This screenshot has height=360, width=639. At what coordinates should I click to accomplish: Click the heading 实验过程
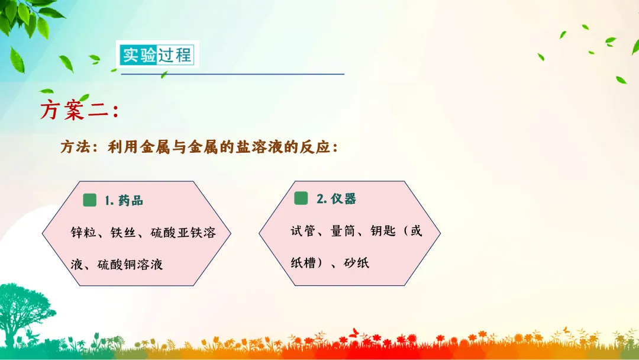pos(157,54)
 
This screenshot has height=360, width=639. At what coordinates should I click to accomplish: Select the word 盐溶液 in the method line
pos(259,147)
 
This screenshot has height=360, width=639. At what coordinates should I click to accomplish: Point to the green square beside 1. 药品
pos(90,200)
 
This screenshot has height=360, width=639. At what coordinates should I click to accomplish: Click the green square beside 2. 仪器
pos(301,198)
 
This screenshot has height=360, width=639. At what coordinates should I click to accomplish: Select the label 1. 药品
pos(124,201)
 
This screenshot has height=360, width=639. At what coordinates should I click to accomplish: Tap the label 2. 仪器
pos(336,199)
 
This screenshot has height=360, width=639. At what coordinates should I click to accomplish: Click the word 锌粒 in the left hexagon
pos(83,232)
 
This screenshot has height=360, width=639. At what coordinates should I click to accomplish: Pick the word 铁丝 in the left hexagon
pos(123,232)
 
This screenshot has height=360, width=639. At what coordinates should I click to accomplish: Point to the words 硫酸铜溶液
pos(130,265)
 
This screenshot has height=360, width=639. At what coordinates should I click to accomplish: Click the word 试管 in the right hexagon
pos(303,231)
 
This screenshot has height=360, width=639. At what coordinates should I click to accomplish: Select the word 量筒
pos(343,231)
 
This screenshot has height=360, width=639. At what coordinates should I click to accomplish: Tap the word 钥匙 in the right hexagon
pos(383,231)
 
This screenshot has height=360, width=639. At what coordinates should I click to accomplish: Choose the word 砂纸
pos(357,263)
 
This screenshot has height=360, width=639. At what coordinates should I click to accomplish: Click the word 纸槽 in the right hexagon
pos(303,263)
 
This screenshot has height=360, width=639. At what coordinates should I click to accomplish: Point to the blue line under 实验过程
pos(233,74)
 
